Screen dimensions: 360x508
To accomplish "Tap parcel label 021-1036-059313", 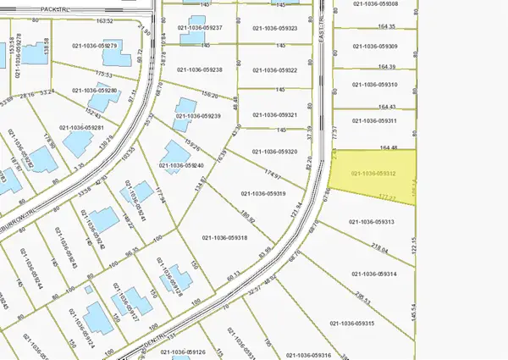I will tap(372, 221).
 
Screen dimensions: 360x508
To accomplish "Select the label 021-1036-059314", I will tap(373, 274).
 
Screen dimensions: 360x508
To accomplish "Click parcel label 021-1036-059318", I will tap(224, 238).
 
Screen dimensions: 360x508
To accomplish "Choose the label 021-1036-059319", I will tap(264, 193).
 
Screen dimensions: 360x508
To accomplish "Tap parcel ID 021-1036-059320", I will tap(275, 152).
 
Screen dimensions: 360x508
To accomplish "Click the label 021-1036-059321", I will tap(275, 115).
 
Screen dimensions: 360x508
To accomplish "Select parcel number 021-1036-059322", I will tap(275, 70).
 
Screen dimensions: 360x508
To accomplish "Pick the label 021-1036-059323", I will tap(275, 28).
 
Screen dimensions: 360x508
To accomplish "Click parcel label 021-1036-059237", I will tap(200, 28).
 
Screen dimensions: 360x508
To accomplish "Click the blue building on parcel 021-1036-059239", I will tap(183, 105).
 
